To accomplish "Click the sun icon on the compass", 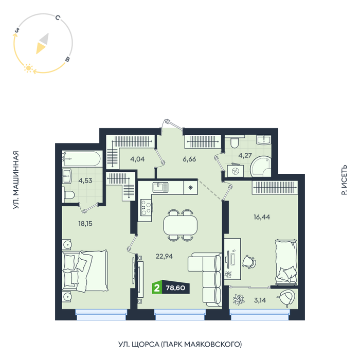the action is [28, 68].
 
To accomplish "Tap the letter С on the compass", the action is [58, 17].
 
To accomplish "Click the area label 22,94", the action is [164, 256].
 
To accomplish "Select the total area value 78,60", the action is [175, 287].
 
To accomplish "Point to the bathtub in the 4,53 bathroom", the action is [82, 158].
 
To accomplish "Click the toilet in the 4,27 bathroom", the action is [235, 141].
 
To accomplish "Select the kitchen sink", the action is [160, 187].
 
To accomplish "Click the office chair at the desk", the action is [249, 262].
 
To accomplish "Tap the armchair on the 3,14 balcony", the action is [286, 298].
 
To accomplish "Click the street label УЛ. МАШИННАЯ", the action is [15, 180].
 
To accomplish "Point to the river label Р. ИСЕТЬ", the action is [344, 180].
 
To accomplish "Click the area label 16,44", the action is [262, 217].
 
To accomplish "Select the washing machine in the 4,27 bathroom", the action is [236, 170].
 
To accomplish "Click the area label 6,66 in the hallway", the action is [189, 159].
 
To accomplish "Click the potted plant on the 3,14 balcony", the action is [239, 300].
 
